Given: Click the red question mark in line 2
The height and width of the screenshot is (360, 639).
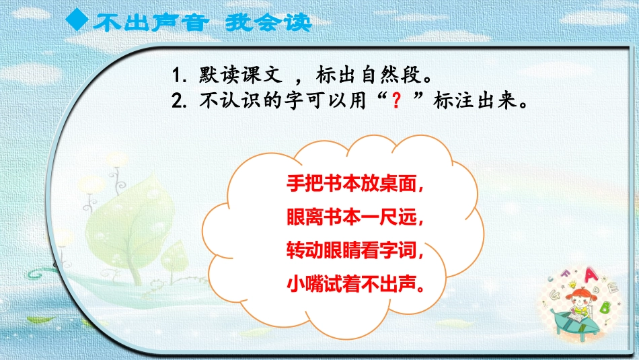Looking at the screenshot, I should click(400, 102).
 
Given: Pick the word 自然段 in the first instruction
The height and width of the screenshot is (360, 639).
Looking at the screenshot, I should click(406, 73).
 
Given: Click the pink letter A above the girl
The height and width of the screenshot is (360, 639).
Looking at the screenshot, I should click(593, 274).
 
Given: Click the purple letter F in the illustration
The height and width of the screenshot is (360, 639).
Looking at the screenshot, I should click(572, 274).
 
